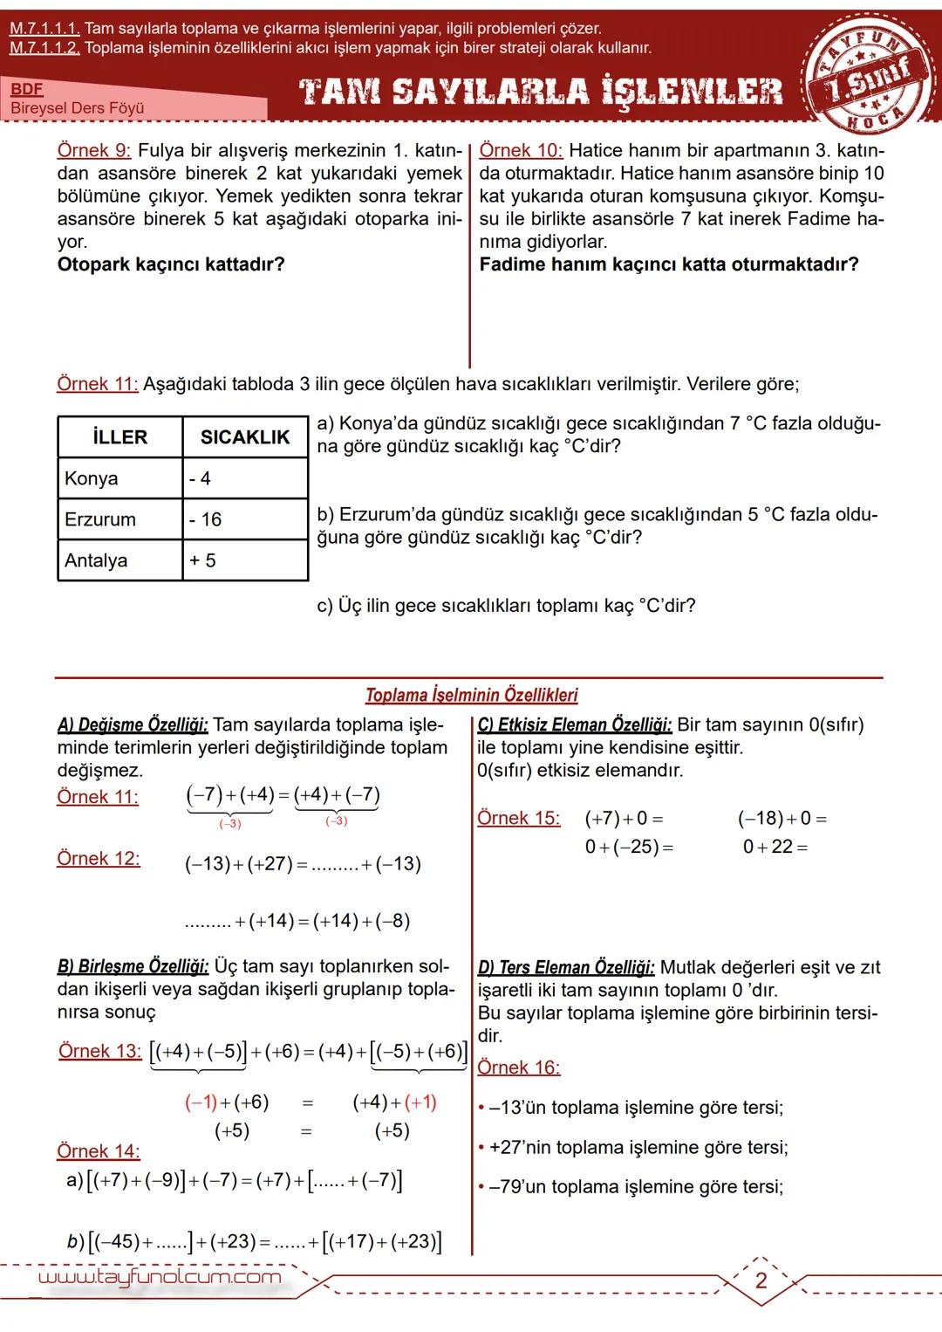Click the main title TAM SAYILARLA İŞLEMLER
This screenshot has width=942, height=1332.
coord(541,91)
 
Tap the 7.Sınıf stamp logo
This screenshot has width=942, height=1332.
coord(863,74)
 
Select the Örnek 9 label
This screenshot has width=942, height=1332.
coord(94,151)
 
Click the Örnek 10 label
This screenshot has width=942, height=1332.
coord(521,151)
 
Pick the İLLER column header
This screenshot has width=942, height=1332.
coord(120,437)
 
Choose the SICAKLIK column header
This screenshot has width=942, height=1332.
coord(245,437)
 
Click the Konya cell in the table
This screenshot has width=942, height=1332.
coord(92,478)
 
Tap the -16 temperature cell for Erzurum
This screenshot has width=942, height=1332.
coord(206,519)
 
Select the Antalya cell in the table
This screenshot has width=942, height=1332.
coord(96,560)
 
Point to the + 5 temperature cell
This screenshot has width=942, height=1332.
coord(201,560)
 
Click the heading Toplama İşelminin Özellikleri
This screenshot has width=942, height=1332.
coord(471,696)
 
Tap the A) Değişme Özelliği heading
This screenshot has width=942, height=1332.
coord(133,724)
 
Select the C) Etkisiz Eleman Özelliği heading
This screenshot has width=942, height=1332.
coord(575,724)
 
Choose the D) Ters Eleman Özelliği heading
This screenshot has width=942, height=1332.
coord(566,968)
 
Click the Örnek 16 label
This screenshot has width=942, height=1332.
coord(519,1068)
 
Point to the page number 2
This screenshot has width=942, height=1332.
coord(761,1281)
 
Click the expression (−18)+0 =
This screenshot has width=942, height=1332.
coord(782,819)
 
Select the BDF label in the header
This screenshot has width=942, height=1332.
coord(27,89)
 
